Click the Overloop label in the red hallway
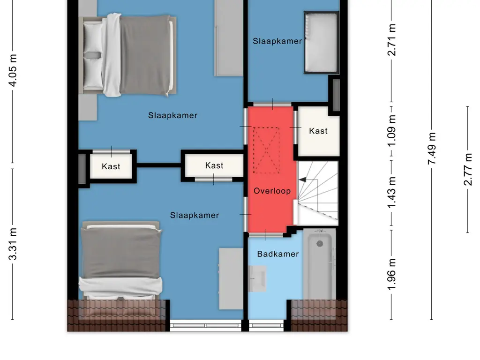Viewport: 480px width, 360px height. [x=272, y=191]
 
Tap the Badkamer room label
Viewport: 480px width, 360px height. [x=278, y=254]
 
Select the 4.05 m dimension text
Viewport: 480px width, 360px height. [x=13, y=70]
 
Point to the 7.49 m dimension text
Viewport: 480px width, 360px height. [x=432, y=149]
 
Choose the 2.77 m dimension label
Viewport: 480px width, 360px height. [x=468, y=169]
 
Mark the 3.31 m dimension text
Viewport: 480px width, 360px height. [x=13, y=244]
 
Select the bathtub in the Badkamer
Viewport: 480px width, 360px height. [x=320, y=265]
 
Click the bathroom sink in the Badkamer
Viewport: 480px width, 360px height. [x=257, y=278]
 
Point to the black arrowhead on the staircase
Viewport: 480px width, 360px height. [x=302, y=180]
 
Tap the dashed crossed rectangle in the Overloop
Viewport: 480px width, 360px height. [x=266, y=150]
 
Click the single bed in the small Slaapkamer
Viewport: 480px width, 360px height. [x=322, y=43]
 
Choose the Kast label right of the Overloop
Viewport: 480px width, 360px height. [x=318, y=131]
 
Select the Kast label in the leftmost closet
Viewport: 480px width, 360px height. [x=111, y=166]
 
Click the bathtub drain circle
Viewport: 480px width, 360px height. [x=320, y=243]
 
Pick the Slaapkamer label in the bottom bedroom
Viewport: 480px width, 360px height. [x=195, y=215]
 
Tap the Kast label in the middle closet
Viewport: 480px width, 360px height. [x=214, y=165]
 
